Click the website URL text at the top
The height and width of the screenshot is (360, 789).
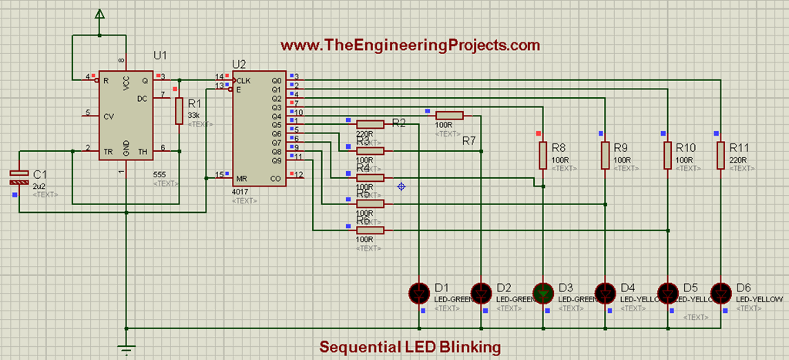(x=410, y=46)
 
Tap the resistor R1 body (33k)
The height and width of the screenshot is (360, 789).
(x=179, y=111)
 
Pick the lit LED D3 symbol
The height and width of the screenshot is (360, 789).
(x=544, y=292)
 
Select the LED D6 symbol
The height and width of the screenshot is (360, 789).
(x=720, y=292)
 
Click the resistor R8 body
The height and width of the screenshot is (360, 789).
(x=543, y=155)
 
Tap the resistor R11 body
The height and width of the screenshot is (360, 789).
(x=720, y=155)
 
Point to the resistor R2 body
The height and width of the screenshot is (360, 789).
(x=370, y=124)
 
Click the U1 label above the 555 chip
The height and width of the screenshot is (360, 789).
(x=160, y=56)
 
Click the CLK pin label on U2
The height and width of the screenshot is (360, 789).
(x=244, y=80)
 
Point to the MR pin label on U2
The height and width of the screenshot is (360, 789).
(x=243, y=177)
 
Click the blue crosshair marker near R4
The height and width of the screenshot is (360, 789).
(x=401, y=186)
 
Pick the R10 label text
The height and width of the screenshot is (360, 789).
(x=686, y=147)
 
